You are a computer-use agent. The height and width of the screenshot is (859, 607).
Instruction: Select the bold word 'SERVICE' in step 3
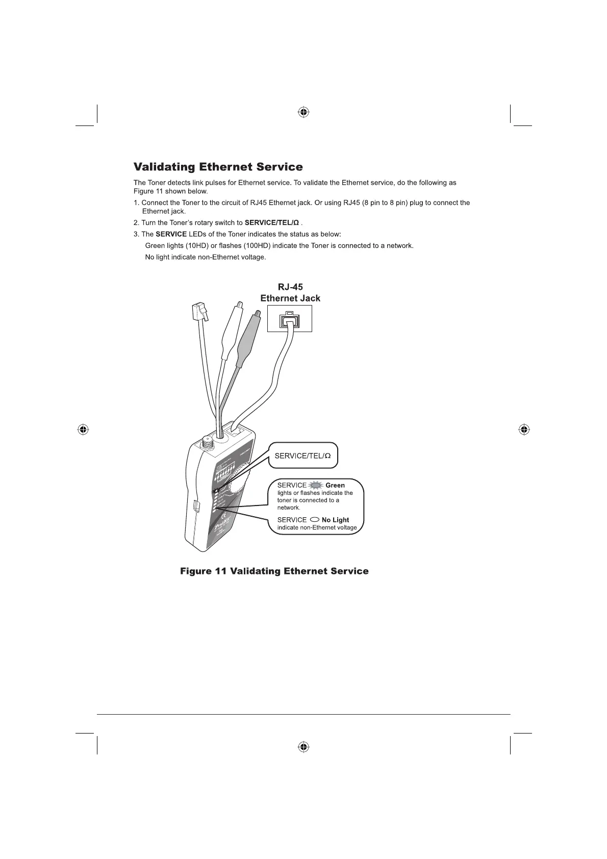tap(171, 234)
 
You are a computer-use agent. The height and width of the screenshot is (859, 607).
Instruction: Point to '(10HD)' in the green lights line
tap(197, 246)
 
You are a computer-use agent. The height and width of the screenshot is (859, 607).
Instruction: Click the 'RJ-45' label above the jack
tap(290, 287)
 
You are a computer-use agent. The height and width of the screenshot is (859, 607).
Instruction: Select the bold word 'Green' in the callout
tap(335, 485)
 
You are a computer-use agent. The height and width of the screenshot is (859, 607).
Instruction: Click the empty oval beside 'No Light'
tap(314, 520)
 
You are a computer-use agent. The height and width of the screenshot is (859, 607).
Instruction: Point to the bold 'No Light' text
tap(335, 520)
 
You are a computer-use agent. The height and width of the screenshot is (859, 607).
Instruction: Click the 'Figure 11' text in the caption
tap(203, 571)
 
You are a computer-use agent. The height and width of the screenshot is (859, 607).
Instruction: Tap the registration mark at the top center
tap(303, 112)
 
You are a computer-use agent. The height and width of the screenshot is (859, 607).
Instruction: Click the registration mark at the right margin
tap(523, 429)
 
